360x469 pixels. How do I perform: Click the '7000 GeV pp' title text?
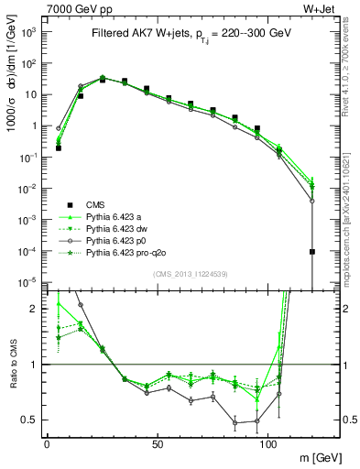pos(78,8)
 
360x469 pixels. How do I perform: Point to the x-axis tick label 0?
pos(47,443)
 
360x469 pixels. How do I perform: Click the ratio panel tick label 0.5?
pos(30,420)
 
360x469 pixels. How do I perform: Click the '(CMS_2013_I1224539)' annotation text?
pos(181,274)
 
